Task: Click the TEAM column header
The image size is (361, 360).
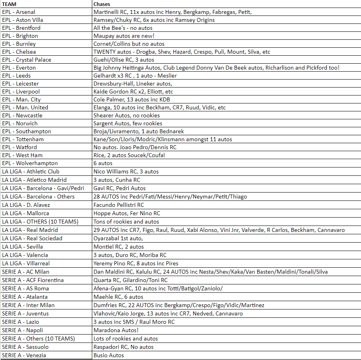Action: click(x=9, y=4)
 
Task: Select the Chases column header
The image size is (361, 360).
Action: click(x=102, y=4)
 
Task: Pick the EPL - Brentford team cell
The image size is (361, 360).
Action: click(x=21, y=28)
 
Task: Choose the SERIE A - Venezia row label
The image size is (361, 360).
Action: click(x=24, y=355)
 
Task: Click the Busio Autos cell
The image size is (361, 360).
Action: click(x=109, y=355)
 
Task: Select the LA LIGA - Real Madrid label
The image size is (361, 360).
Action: click(x=30, y=230)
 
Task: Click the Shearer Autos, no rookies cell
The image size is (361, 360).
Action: click(x=123, y=115)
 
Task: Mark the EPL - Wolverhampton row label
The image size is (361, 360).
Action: click(x=30, y=163)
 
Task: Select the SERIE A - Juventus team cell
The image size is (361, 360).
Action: click(x=25, y=313)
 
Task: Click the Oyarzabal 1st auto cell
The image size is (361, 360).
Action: click(x=118, y=238)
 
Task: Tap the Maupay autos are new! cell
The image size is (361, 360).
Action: click(x=121, y=36)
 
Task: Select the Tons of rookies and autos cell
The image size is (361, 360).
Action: click(x=126, y=222)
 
